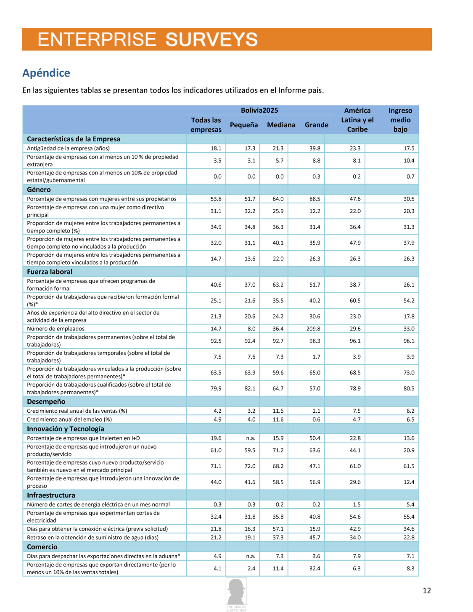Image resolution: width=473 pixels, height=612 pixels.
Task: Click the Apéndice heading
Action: (x=46, y=73)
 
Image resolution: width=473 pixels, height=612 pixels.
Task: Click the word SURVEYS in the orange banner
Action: (x=211, y=40)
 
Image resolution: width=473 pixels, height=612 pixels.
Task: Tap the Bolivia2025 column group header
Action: (x=259, y=111)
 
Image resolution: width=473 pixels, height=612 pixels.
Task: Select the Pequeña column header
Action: (x=244, y=125)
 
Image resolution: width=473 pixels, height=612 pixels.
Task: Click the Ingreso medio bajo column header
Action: (x=400, y=120)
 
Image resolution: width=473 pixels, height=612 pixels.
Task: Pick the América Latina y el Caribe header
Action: (x=357, y=120)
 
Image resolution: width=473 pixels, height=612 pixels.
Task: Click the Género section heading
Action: (x=39, y=190)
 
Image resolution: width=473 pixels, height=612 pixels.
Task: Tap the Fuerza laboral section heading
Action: (x=50, y=272)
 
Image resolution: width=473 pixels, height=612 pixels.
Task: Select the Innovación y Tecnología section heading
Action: (x=65, y=429)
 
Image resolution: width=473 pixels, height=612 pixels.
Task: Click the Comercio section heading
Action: (x=42, y=547)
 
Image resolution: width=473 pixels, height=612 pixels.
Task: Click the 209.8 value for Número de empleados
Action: (x=313, y=329)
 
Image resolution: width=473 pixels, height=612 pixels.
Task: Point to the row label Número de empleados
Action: (x=55, y=329)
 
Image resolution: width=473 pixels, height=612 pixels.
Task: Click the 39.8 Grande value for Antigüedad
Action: (x=315, y=148)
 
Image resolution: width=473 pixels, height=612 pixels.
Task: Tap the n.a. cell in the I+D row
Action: (x=251, y=438)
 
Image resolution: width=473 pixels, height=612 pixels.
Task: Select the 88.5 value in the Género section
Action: (x=315, y=199)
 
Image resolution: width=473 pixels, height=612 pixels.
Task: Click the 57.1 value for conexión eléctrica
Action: (x=278, y=529)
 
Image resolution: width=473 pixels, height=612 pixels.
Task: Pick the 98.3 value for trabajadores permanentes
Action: (x=315, y=341)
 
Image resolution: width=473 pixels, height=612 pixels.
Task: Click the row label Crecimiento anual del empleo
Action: (x=69, y=419)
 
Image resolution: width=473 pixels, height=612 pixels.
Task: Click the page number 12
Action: (x=427, y=591)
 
